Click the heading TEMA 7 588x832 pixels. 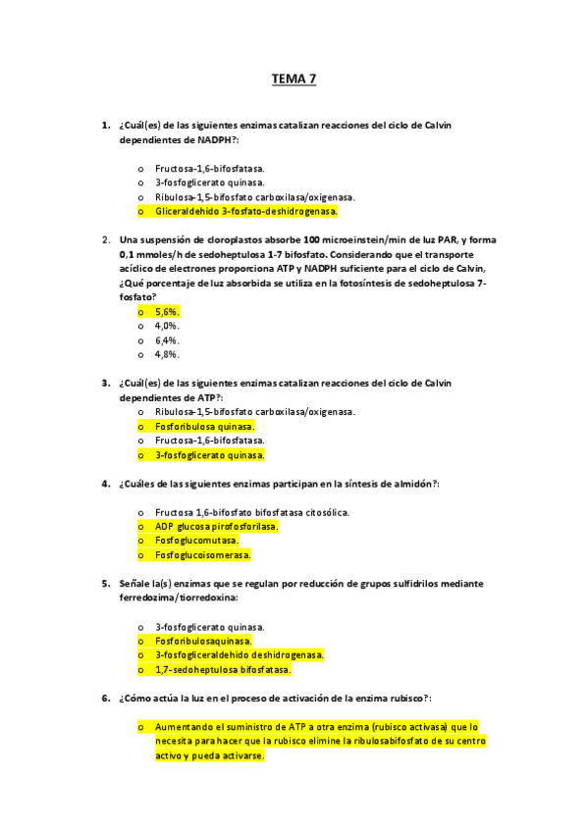[x=294, y=80]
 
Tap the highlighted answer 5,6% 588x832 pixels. [x=167, y=312]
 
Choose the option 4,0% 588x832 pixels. [x=167, y=326]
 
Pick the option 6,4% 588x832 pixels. [x=167, y=339]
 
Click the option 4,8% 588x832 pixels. [x=167, y=354]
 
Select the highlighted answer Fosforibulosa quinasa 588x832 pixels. [x=204, y=427]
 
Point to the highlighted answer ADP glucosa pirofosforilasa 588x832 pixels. [x=216, y=527]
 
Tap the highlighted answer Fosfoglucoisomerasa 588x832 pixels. [x=202, y=555]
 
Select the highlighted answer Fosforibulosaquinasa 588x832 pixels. [x=202, y=641]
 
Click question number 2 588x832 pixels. [x=105, y=239]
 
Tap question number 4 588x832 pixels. [x=105, y=484]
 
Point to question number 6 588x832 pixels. [x=105, y=699]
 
